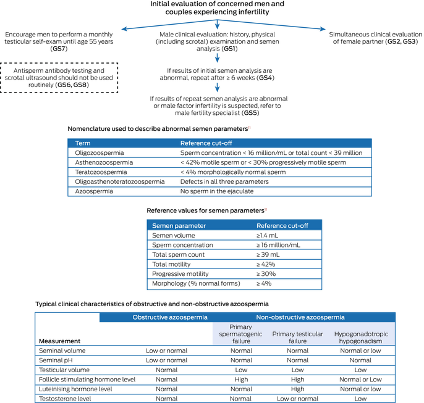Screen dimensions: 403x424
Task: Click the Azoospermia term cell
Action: tap(93, 191)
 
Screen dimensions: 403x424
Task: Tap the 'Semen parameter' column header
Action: tap(179, 225)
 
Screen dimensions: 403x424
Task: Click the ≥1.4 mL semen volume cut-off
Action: tap(270, 235)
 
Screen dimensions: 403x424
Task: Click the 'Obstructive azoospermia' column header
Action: tap(165, 317)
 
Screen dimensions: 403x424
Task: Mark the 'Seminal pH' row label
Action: tap(56, 360)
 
